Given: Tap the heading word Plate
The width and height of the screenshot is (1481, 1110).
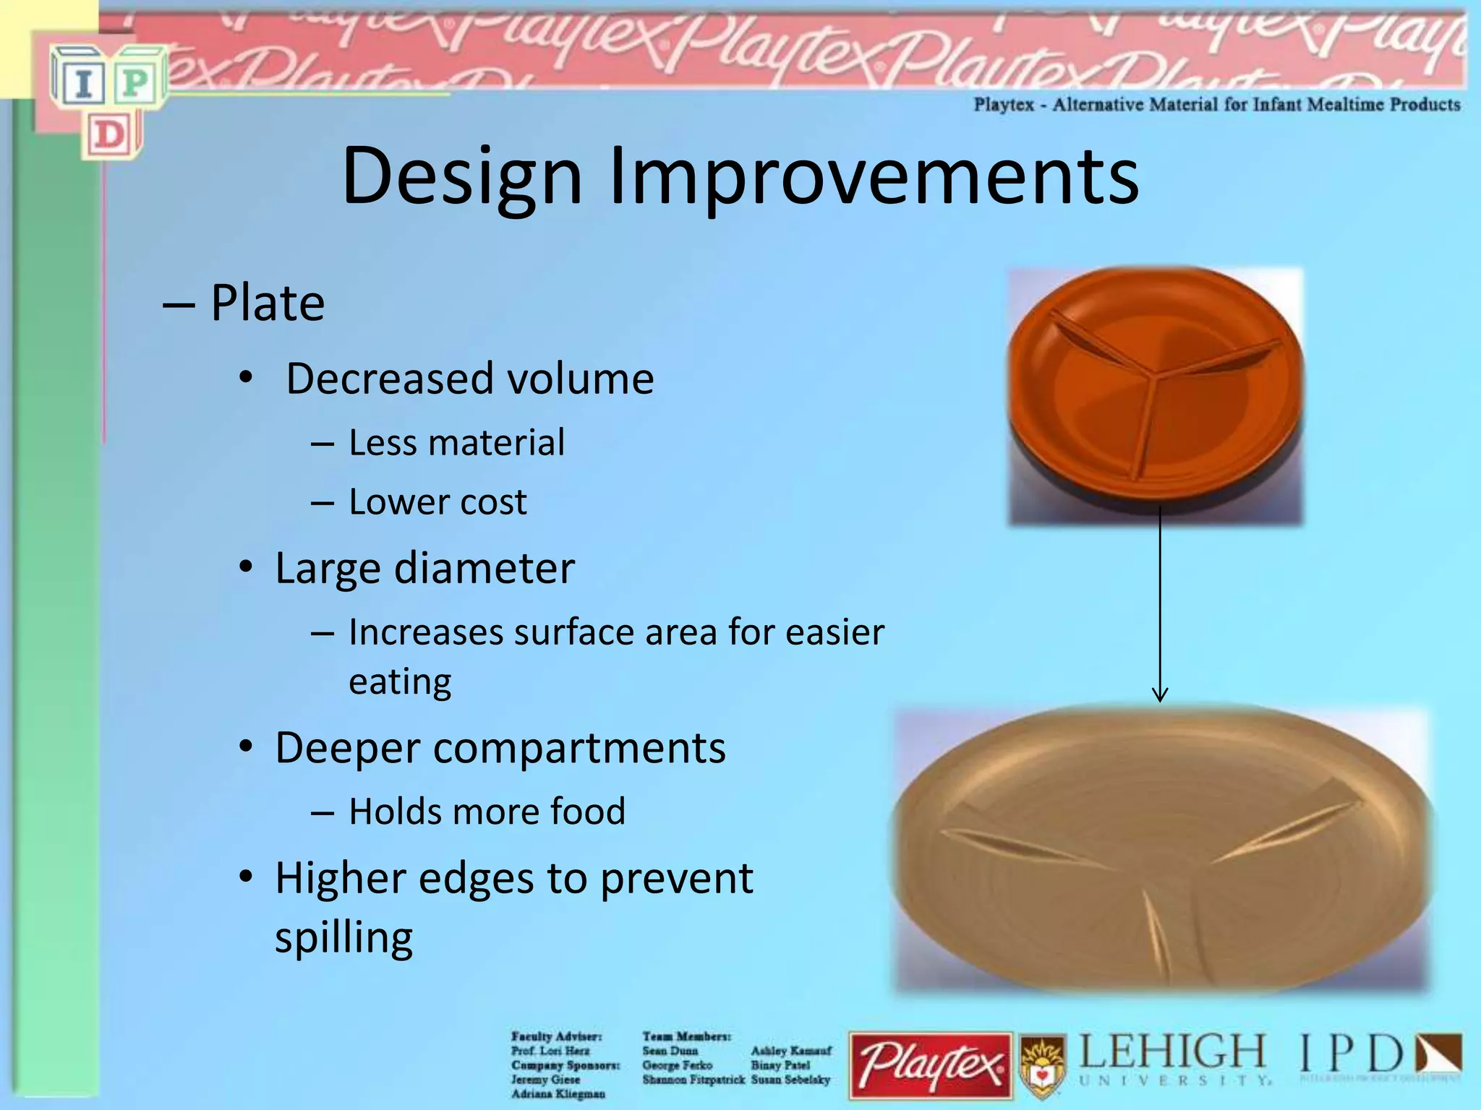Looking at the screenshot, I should [267, 303].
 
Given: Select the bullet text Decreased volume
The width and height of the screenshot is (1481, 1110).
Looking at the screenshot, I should [470, 379].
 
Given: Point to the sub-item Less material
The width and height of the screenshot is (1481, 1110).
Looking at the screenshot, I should [456, 442].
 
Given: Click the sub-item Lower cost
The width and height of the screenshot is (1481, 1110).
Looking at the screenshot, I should [438, 502].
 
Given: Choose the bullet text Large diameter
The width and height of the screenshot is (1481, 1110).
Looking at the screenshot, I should [424, 568].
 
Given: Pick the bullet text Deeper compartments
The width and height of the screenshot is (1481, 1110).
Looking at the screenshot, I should [500, 747].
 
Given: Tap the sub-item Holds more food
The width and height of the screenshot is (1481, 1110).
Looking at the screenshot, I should [487, 811].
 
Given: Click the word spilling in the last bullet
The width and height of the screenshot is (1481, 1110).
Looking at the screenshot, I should [343, 937].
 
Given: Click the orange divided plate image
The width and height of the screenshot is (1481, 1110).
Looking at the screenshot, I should [1156, 396].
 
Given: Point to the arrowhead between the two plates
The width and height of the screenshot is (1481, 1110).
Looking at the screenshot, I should [1160, 695].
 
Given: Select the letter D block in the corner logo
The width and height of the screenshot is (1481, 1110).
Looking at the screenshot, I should [110, 135].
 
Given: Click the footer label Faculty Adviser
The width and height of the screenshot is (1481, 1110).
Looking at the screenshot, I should [555, 1036].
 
